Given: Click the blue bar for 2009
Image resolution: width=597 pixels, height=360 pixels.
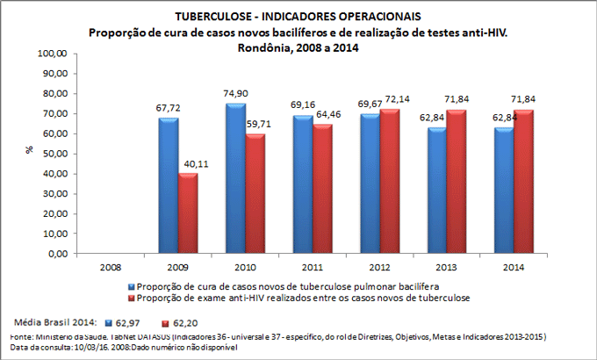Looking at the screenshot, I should point(169,186).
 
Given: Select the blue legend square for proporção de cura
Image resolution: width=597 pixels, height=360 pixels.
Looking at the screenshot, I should point(133,286).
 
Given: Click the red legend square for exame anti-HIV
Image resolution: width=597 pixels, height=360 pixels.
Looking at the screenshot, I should point(133,299).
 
